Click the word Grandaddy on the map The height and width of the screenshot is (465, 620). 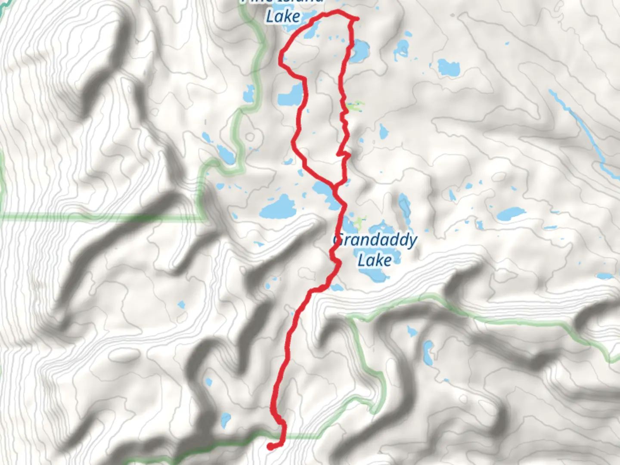375,241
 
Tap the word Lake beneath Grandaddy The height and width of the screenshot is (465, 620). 375,260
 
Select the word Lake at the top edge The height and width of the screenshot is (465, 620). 283,16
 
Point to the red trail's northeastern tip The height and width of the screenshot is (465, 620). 356,19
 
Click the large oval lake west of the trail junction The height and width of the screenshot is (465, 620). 279,207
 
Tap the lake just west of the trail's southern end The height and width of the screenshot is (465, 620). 225,420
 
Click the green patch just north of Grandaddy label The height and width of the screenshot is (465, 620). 356,223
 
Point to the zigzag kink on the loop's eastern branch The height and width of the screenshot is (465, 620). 343,153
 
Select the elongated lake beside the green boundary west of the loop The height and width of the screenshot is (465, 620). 225,153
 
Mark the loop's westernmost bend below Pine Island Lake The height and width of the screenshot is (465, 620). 282,56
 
